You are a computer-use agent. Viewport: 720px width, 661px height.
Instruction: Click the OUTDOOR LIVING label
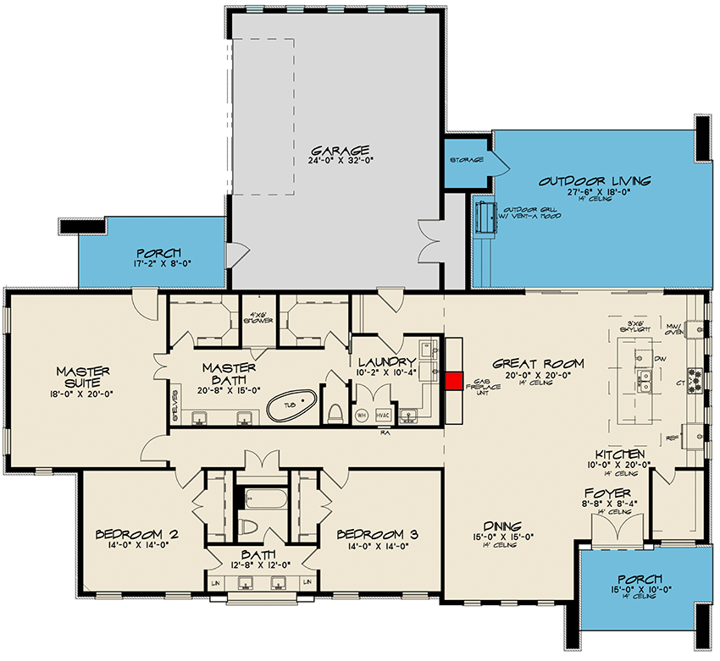point(595,180)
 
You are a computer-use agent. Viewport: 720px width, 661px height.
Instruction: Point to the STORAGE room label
point(467,160)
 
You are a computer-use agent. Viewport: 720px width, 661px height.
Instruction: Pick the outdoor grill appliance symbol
point(485,217)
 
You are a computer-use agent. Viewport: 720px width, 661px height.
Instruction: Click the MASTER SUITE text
point(86,377)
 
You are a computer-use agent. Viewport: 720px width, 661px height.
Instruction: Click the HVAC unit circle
point(383,415)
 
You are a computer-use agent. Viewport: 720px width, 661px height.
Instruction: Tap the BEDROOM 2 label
point(136,534)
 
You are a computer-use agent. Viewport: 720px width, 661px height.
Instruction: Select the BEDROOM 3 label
point(377,534)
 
